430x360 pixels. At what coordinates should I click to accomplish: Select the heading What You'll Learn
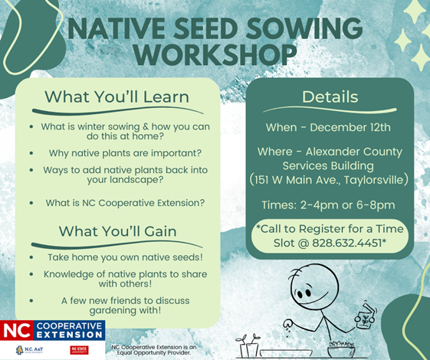point(116,97)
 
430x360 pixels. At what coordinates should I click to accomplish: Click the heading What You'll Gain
point(117,231)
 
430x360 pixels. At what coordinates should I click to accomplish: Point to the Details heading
point(330,97)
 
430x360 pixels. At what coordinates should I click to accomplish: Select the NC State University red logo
point(79,350)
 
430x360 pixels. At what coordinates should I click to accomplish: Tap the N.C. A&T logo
point(29,350)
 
